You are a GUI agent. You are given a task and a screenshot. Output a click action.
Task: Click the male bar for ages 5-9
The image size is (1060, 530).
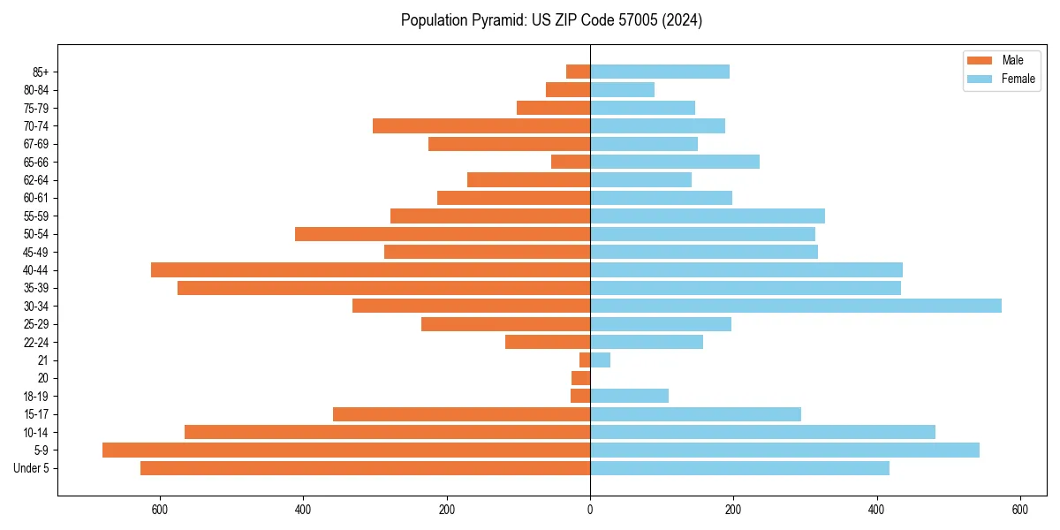(346, 450)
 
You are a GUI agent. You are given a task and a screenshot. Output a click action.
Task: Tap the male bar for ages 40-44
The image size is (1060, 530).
(371, 269)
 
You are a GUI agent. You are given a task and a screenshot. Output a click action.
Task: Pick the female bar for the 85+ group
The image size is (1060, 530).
(660, 72)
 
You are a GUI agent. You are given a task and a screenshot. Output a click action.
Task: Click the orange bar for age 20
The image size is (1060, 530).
(581, 378)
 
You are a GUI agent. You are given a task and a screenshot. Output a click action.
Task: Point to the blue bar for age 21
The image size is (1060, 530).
(600, 360)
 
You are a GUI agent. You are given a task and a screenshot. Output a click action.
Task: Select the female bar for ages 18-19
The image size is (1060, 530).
(629, 396)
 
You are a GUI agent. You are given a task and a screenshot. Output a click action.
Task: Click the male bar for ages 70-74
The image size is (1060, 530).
(481, 125)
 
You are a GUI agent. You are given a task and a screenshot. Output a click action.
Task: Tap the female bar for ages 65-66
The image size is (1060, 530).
(675, 162)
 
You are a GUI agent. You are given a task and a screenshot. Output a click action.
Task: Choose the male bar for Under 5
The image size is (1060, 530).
(365, 468)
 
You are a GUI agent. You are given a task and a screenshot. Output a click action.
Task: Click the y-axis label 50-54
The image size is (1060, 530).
(36, 234)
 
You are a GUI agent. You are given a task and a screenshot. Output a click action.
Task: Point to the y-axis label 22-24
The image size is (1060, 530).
(36, 342)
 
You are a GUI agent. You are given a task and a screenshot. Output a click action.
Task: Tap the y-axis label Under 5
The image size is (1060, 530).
(32, 468)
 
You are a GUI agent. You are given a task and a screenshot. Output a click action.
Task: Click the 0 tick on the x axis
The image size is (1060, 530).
(590, 510)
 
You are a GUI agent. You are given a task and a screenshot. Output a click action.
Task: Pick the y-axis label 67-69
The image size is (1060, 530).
(36, 144)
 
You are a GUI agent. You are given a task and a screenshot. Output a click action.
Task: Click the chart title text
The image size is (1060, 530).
(551, 20)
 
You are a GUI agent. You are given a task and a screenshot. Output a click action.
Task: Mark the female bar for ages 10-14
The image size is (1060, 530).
(762, 432)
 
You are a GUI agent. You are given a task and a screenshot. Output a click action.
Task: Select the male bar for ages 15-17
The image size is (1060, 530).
(461, 414)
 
